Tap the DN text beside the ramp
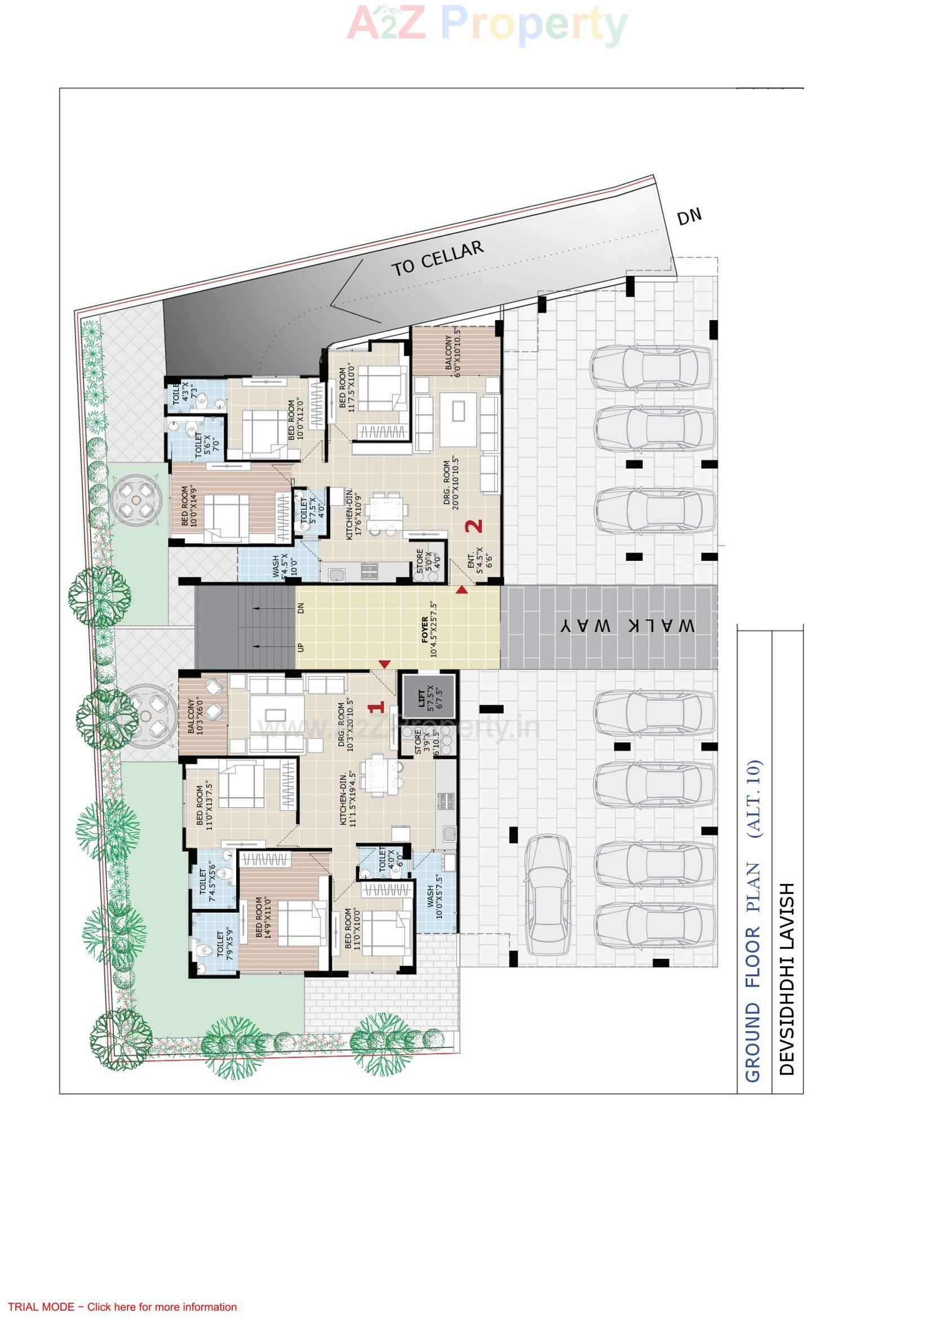pyautogui.click(x=689, y=217)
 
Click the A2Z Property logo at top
pyautogui.click(x=487, y=25)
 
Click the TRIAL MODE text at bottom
pyautogui.click(x=122, y=1307)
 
